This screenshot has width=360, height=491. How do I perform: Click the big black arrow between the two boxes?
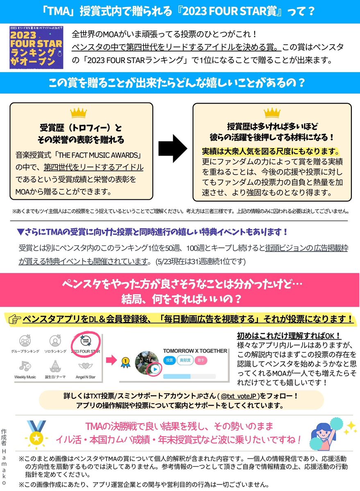point(172,149)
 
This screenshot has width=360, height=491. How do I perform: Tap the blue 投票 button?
point(169,360)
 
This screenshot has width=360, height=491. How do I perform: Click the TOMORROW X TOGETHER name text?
point(195,351)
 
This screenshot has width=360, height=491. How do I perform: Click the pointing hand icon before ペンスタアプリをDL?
point(14,319)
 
